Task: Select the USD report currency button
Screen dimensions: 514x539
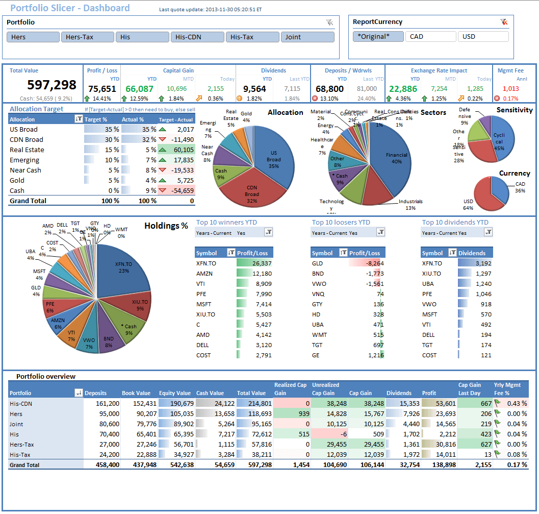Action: click(x=483, y=37)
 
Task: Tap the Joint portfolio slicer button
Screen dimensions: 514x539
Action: click(x=307, y=37)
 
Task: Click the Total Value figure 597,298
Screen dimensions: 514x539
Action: click(x=52, y=85)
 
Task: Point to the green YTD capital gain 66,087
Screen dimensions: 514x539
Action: click(x=139, y=88)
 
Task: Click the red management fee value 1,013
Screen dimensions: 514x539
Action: click(x=510, y=88)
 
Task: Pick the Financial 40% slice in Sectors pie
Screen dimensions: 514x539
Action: click(x=393, y=156)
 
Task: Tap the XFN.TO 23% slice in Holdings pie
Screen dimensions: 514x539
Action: click(x=124, y=268)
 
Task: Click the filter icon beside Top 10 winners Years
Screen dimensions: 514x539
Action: click(x=269, y=232)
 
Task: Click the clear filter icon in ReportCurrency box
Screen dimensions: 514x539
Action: click(x=504, y=22)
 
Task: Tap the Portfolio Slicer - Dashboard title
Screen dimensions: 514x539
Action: click(x=70, y=8)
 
